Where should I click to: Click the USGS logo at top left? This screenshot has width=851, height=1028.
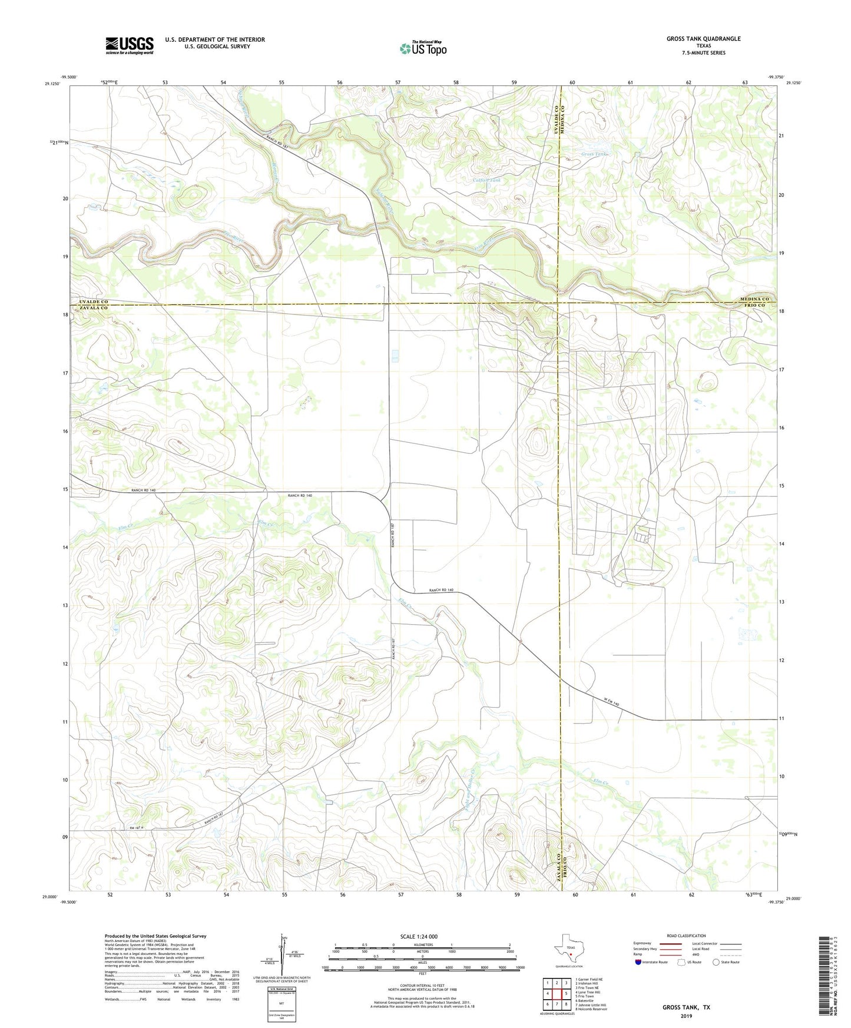click(x=129, y=45)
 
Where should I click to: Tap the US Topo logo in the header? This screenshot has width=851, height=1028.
click(x=422, y=48)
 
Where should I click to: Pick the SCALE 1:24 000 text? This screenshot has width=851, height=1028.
click(x=418, y=936)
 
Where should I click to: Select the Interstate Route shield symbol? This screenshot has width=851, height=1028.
click(x=639, y=962)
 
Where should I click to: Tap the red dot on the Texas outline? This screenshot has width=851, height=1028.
click(x=570, y=956)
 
